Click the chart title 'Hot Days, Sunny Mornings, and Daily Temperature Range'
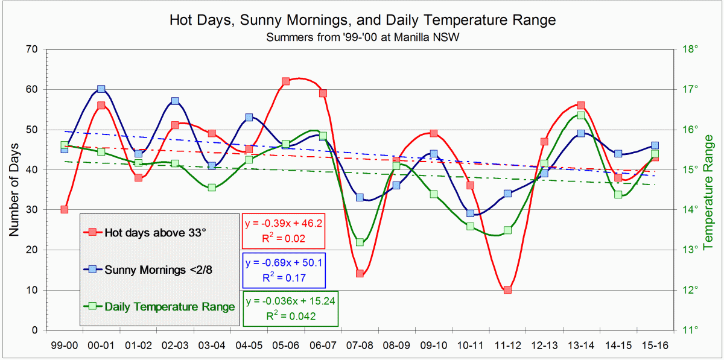click(362, 20)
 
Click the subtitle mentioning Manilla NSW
click(362, 36)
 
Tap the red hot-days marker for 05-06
click(285, 81)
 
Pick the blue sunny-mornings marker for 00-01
click(101, 89)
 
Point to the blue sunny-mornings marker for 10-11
click(471, 213)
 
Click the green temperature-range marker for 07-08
click(360, 242)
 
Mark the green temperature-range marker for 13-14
click(580, 115)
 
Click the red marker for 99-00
click(64, 209)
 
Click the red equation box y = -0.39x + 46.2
click(283, 230)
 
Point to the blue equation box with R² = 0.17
click(283, 270)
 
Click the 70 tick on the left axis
click(32, 49)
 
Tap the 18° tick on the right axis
click(690, 49)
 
